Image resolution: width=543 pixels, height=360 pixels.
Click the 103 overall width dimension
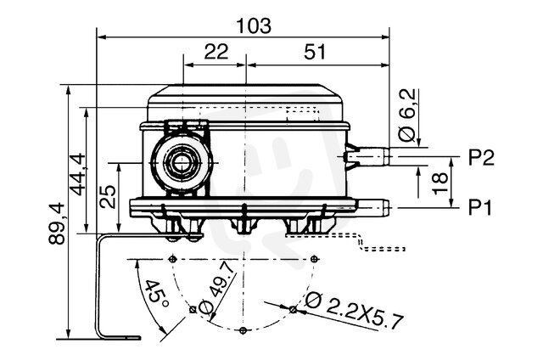(x=254, y=26)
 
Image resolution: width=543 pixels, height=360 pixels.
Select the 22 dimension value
(x=216, y=51)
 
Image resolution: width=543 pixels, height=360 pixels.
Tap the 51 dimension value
(x=315, y=52)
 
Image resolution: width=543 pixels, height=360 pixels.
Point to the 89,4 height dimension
(x=57, y=223)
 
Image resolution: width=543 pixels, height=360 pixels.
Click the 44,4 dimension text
(x=77, y=174)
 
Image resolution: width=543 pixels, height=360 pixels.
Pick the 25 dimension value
(x=108, y=196)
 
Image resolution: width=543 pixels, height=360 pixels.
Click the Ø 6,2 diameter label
(x=407, y=115)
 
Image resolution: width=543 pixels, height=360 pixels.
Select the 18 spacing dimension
(x=440, y=183)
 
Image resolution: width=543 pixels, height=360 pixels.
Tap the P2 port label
(x=481, y=157)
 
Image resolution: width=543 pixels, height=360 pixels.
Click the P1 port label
(x=480, y=208)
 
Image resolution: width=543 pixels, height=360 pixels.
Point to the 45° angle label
(x=155, y=294)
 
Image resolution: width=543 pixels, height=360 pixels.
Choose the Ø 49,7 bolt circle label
(x=216, y=289)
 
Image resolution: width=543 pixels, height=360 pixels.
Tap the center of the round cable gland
(x=182, y=162)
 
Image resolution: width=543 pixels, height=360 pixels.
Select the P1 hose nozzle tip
(x=387, y=207)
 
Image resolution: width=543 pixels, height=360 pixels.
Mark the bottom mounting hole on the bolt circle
(x=244, y=330)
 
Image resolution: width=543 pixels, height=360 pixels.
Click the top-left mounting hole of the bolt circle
(x=172, y=259)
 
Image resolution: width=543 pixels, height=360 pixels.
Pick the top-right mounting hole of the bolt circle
(x=314, y=259)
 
